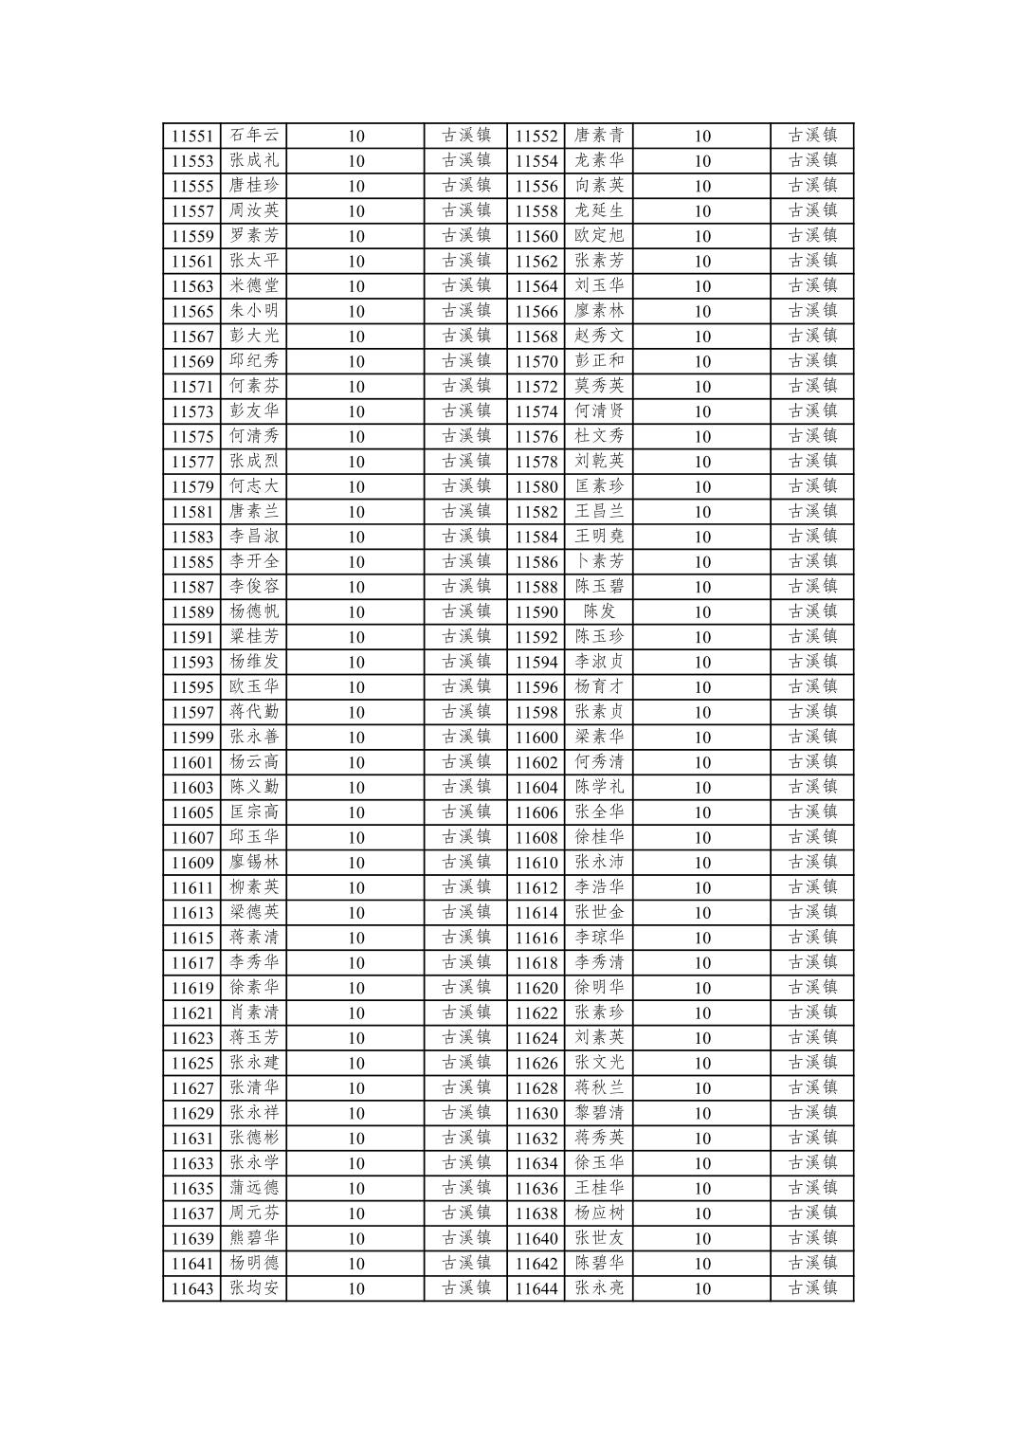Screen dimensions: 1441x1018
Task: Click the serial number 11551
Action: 192,136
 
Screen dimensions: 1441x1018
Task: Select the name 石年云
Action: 254,136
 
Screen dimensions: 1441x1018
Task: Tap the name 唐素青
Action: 599,136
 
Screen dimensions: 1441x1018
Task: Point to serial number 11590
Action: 536,611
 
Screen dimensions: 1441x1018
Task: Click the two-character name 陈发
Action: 599,611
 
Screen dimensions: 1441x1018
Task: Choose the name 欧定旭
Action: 599,236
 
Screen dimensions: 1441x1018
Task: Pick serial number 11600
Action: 536,737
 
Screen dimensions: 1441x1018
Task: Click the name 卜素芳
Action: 599,561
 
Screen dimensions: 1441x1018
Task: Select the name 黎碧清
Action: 599,1112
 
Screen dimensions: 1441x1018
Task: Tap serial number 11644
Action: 536,1287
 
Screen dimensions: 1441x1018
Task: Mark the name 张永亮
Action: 599,1287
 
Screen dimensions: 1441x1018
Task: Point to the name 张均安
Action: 254,1287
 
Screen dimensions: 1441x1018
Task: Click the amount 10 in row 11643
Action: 355,1288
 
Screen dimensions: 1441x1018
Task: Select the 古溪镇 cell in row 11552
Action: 812,136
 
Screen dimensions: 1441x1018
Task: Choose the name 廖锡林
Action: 254,862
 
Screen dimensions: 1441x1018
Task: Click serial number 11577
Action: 192,462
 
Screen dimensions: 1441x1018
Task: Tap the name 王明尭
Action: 599,537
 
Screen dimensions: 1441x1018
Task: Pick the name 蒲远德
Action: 254,1188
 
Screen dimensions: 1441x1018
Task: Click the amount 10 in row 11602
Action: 701,762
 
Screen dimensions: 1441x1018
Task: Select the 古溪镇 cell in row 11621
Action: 466,1012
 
